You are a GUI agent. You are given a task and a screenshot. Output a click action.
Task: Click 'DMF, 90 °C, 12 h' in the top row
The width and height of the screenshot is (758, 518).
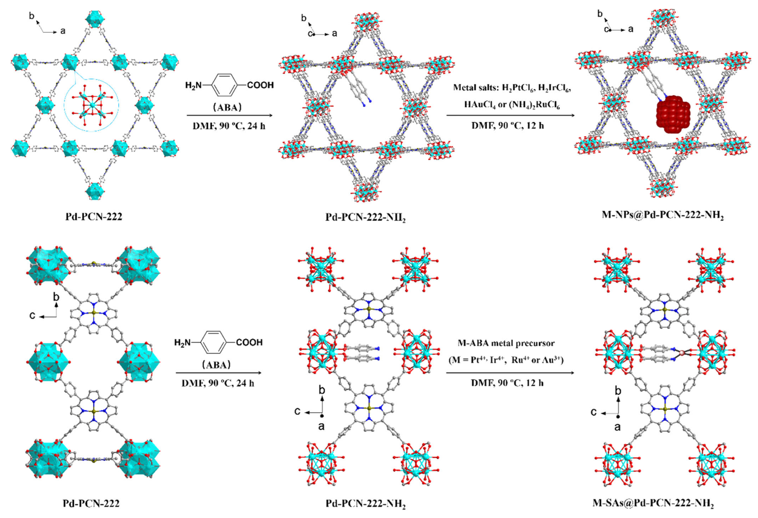click(x=508, y=125)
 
